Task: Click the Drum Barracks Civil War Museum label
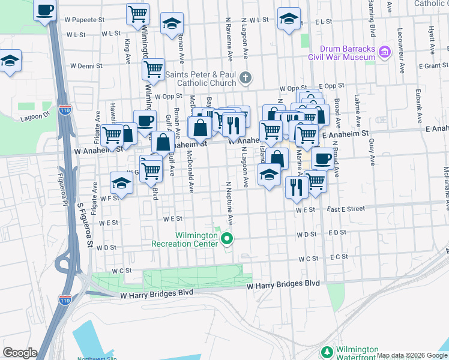coord(340,53)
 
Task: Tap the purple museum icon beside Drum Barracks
coord(384,53)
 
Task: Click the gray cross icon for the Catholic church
coord(245,77)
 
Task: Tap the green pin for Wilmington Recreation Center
coord(226,239)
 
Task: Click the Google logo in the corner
coord(20,353)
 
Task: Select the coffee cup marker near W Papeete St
coord(46,10)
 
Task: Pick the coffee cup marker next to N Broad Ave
coord(322,158)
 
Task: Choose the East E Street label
coord(346,209)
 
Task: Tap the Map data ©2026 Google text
coord(411,355)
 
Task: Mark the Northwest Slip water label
coord(98,359)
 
